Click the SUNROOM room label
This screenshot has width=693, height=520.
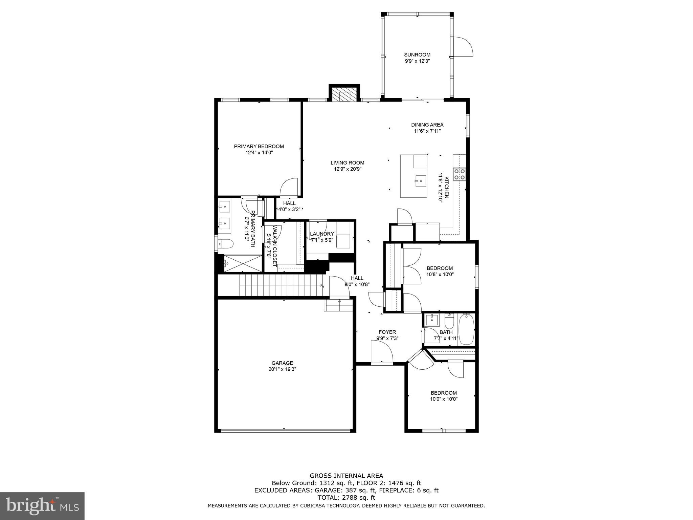point(417,55)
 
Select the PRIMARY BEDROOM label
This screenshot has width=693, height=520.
point(259,146)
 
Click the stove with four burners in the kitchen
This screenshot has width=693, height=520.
point(460,174)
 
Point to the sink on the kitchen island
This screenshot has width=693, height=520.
point(421,181)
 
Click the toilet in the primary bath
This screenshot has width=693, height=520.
point(225,243)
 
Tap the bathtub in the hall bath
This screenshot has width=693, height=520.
point(467,329)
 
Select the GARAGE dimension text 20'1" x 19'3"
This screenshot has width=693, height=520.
point(282,369)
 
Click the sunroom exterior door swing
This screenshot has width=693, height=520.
point(462,47)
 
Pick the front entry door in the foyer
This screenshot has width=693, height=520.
point(382,352)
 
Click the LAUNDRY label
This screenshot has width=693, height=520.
point(322,234)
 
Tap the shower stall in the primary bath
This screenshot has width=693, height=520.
point(242,263)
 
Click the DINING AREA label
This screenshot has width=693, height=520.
point(427,125)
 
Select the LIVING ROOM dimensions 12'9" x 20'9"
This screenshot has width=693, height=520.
point(347,169)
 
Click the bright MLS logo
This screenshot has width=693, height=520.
point(42,506)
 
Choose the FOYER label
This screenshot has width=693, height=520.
point(387,332)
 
